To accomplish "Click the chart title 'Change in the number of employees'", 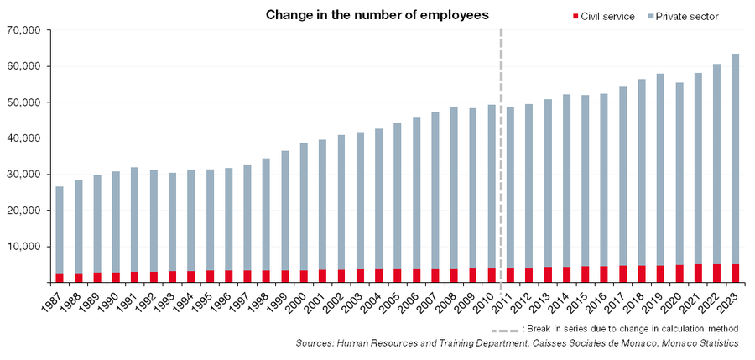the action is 377,15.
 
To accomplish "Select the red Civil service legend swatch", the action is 575,17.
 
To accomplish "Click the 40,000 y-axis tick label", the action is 24,138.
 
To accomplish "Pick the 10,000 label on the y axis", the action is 24,247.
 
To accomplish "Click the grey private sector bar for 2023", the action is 734,159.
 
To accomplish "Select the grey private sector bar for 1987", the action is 60,230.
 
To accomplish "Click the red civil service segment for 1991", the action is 134,277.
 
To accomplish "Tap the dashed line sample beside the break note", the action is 505,331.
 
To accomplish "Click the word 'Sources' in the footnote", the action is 312,343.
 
